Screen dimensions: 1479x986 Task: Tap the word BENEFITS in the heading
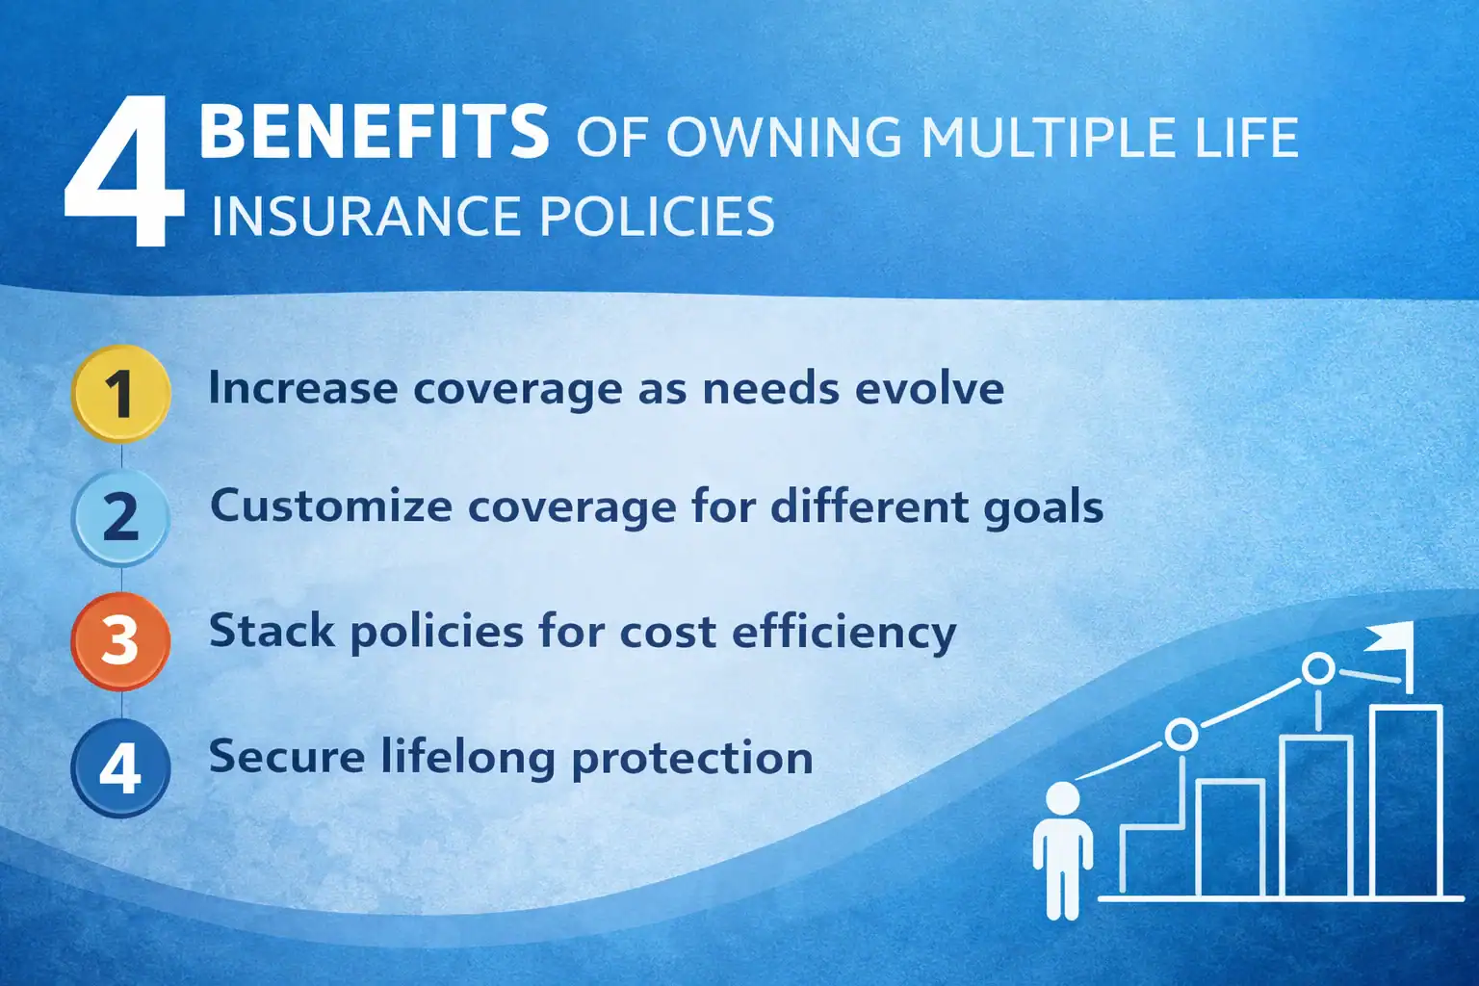pyautogui.click(x=374, y=133)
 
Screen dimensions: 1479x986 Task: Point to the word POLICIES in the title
pyautogui.click(x=657, y=216)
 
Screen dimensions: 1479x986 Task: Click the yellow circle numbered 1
pyautogui.click(x=120, y=393)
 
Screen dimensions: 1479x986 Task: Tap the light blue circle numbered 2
pyautogui.click(x=120, y=517)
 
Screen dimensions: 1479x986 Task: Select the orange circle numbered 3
pyautogui.click(x=120, y=640)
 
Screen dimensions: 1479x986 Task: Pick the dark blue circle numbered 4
pyautogui.click(x=120, y=767)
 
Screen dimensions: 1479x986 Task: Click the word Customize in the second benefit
pyautogui.click(x=330, y=506)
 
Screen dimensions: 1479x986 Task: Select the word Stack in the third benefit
pyautogui.click(x=272, y=632)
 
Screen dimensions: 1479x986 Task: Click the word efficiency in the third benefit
pyautogui.click(x=843, y=634)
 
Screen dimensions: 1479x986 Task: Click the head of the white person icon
pyautogui.click(x=1062, y=799)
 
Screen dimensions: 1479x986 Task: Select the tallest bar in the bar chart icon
pyautogui.click(x=1405, y=801)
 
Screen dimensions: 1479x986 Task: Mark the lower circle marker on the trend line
pyautogui.click(x=1181, y=735)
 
